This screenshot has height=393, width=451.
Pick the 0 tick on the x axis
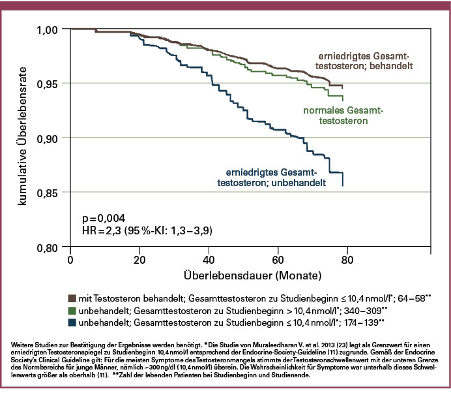click(x=70, y=260)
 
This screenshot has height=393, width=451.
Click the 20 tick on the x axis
click(x=139, y=260)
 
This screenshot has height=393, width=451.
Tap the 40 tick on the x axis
click(x=209, y=260)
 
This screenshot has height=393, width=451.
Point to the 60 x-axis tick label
click(x=278, y=260)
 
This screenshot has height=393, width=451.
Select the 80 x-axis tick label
click(x=347, y=260)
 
